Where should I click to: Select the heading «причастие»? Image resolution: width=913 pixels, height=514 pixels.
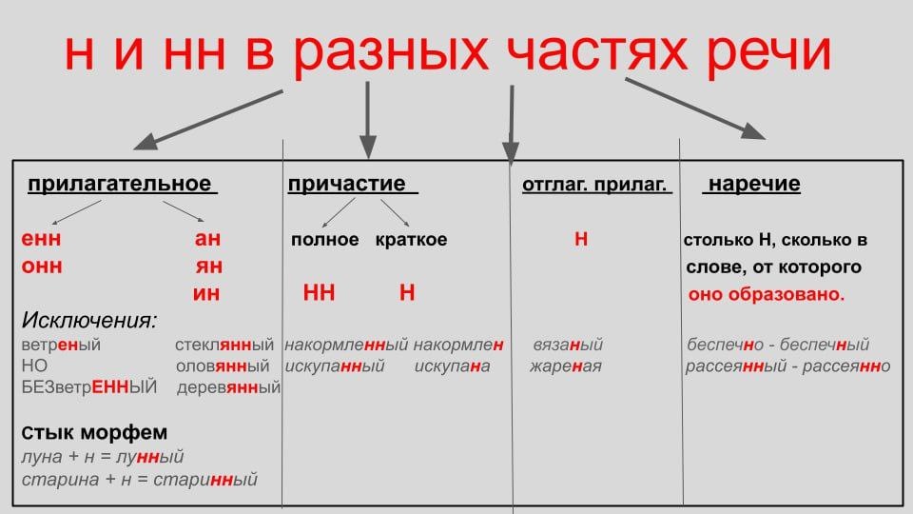(x=347, y=184)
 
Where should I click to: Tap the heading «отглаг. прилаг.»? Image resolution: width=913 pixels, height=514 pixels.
(x=596, y=186)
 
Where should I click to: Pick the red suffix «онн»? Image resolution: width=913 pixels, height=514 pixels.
(x=42, y=267)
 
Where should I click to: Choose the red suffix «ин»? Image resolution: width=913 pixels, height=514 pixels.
(x=206, y=294)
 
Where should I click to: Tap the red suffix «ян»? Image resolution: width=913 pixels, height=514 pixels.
(x=209, y=267)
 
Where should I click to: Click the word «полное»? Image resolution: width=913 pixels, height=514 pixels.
(x=325, y=240)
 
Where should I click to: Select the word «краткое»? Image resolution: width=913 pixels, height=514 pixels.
(x=411, y=240)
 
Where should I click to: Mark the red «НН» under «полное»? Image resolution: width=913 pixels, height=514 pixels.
(x=319, y=294)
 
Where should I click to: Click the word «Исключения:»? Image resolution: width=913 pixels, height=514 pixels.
(x=89, y=319)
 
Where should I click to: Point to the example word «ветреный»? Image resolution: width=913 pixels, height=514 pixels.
(x=60, y=345)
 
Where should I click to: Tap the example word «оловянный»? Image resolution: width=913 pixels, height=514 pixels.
(x=224, y=366)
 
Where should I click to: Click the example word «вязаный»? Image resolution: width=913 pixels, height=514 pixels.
(x=568, y=345)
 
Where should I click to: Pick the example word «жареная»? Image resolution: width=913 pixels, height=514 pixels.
(x=566, y=366)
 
